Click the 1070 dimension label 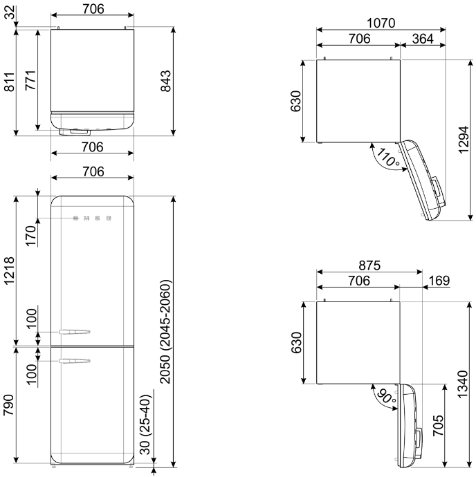pos(381,23)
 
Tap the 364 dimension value pos(423,39)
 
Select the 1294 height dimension pos(464,140)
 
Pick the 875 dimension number pos(369,265)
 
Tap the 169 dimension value pos(439,281)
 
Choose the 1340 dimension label pos(463,384)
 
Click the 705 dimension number pos(438,425)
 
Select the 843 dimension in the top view pos(166,81)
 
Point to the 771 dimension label pos(30,80)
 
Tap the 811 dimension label pos(9,82)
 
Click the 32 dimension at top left pos(10,12)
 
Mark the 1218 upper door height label pos(9,270)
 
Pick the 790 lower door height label pos(8,405)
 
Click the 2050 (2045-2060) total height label pos(166,332)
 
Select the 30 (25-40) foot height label pos(145,424)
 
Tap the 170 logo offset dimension pos(30,236)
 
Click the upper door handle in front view pos(75,332)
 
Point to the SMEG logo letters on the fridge pos(92,218)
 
